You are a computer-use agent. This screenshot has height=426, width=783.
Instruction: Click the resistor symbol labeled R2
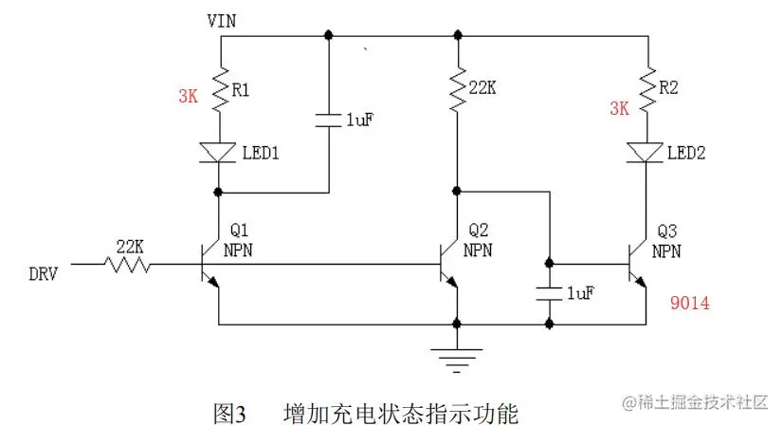647,89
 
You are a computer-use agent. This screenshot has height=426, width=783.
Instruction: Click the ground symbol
457,357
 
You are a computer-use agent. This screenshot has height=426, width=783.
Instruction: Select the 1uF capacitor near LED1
328,120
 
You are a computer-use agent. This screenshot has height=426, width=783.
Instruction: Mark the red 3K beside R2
618,108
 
